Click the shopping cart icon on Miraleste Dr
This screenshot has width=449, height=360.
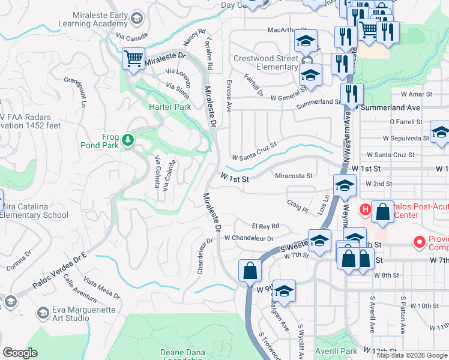(133, 59)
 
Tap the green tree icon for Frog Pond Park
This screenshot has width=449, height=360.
(127, 140)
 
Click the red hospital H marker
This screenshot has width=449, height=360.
(364, 209)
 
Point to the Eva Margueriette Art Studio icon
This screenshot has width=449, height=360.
(43, 313)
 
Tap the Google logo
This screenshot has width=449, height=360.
(20, 353)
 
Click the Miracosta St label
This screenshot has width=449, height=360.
(294, 176)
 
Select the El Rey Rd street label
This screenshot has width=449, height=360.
(266, 226)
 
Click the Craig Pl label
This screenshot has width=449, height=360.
(297, 206)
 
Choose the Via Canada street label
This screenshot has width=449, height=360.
(132, 37)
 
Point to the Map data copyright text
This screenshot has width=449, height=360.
(411, 355)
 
